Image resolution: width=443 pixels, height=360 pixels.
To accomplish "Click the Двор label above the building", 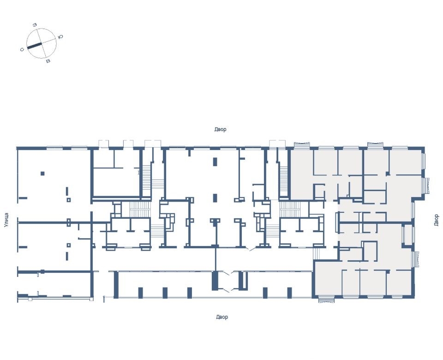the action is [x=221, y=129].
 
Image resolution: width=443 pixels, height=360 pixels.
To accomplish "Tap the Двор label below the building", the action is [x=222, y=317].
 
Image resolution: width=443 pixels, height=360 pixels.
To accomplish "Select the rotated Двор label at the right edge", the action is [x=436, y=220].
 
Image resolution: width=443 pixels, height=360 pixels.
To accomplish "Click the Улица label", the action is [x=6, y=220].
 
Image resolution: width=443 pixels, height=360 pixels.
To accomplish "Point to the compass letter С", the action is [x=22, y=50].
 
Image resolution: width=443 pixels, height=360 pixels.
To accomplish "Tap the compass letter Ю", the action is [x=60, y=37].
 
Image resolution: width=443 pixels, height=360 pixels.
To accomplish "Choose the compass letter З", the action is [x=35, y=25].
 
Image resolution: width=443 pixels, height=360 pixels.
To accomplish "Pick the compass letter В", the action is [x=48, y=61].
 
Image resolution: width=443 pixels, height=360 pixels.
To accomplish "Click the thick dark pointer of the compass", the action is [x=34, y=46].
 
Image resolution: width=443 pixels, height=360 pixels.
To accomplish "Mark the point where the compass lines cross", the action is [x=42, y=43].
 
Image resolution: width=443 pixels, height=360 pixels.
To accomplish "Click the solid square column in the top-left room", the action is [x=42, y=174].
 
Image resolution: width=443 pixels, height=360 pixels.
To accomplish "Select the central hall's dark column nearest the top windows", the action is [x=215, y=162].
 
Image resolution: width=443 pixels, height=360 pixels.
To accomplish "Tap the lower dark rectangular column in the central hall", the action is [x=215, y=198].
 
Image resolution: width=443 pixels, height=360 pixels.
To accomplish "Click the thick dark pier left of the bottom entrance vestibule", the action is [x=215, y=281].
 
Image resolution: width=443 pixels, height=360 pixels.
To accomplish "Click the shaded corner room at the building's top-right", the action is [x=405, y=162].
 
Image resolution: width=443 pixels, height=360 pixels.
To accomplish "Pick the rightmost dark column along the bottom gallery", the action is [x=289, y=293].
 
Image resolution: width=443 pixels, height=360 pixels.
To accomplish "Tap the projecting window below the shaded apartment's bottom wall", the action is [x=326, y=299].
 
